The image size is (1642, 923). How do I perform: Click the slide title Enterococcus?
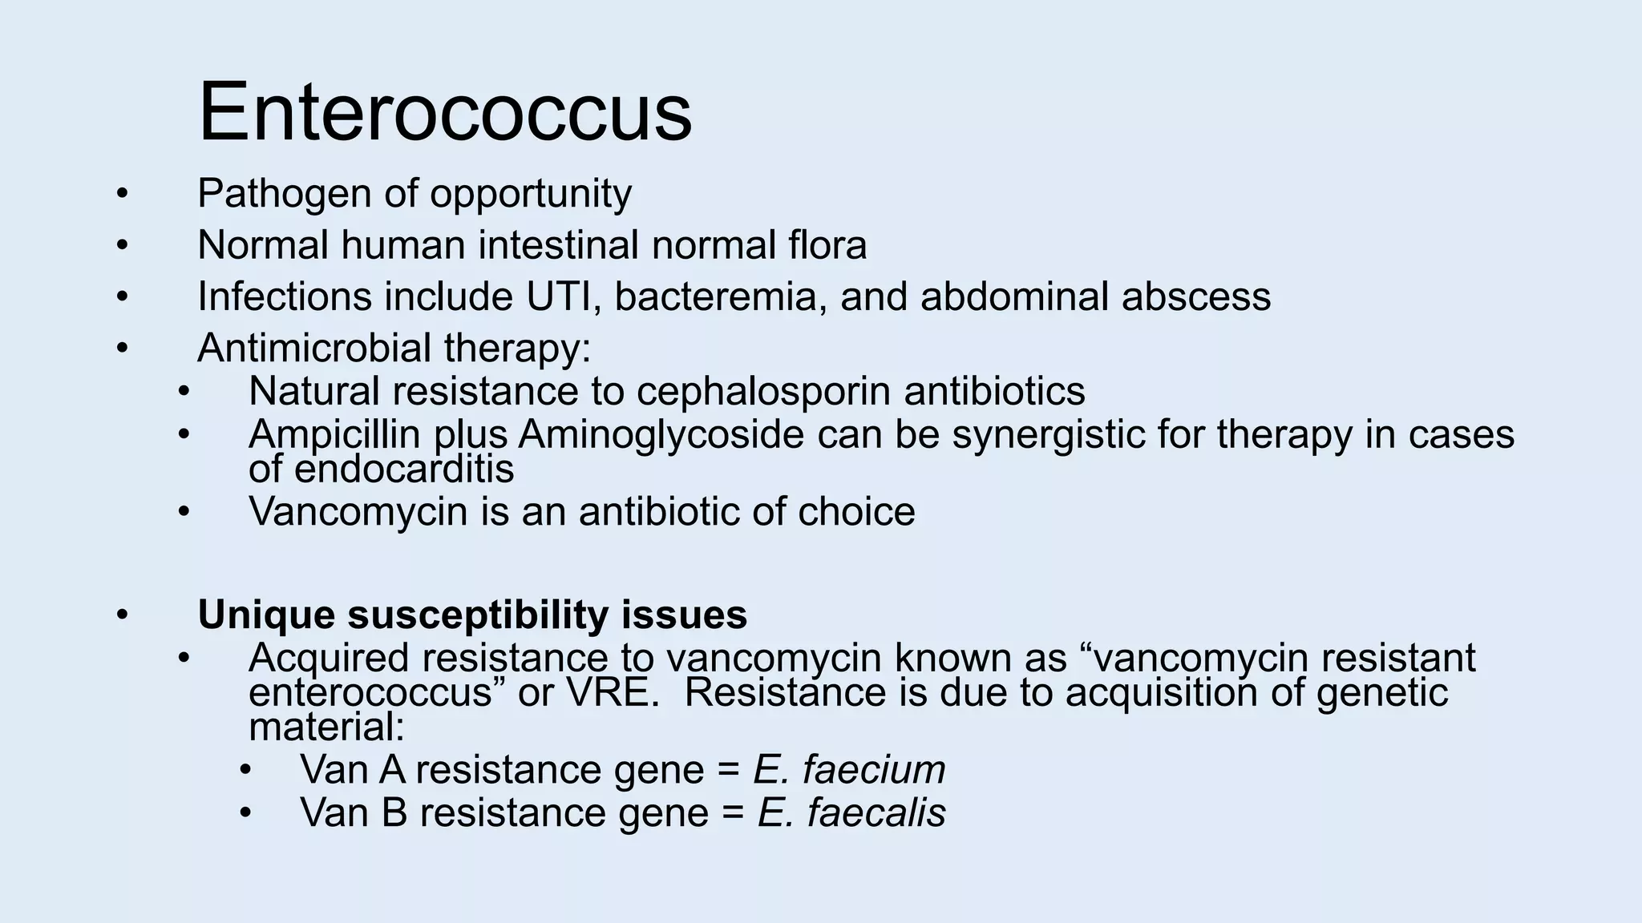tap(445, 111)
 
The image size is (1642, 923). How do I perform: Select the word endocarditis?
tap(404, 470)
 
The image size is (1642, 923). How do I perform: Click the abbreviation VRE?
tap(613, 693)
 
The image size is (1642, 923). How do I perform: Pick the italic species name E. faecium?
tap(849, 770)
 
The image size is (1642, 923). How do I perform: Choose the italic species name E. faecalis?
tap(851, 812)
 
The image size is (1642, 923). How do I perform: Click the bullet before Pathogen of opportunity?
tap(121, 194)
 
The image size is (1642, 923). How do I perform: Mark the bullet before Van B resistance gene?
tap(245, 813)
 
